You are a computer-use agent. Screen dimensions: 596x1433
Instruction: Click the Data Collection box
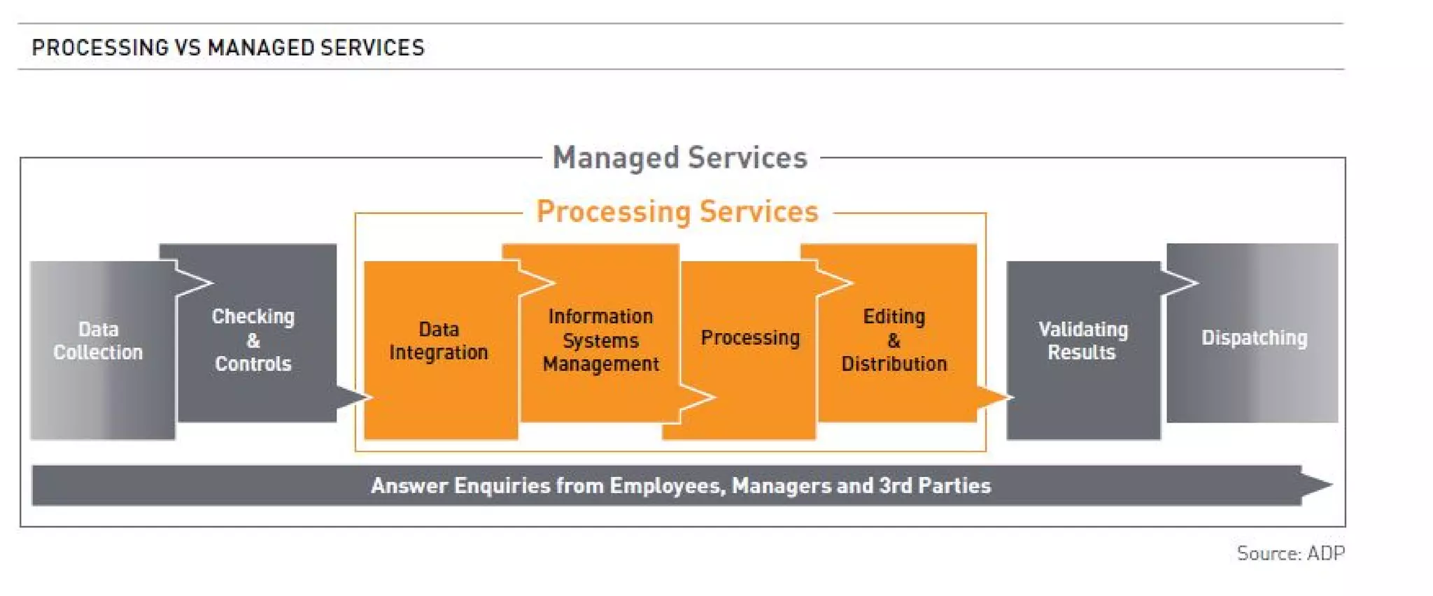[99, 341]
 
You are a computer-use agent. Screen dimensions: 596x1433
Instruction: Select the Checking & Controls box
[253, 340]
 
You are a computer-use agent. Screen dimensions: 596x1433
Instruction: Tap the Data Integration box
[439, 341]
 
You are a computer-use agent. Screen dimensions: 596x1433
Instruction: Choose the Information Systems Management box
[600, 340]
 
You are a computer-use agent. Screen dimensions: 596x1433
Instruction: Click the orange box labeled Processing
[750, 338]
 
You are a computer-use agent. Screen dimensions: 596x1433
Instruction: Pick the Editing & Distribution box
[894, 340]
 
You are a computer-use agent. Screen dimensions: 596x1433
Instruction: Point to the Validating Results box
[1082, 341]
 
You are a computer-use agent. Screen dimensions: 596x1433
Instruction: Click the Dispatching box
[1254, 338]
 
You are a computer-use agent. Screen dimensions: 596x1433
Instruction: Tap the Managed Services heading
[679, 158]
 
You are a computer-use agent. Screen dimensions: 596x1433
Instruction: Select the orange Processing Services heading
[677, 212]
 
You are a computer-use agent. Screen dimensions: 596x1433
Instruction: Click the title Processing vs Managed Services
[228, 48]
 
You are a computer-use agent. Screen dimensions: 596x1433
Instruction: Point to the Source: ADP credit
[1290, 553]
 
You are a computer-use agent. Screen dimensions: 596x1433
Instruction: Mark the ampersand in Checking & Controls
[253, 341]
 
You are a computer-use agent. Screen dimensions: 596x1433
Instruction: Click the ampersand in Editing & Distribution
[894, 341]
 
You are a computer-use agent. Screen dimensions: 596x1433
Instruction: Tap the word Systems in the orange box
[600, 341]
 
